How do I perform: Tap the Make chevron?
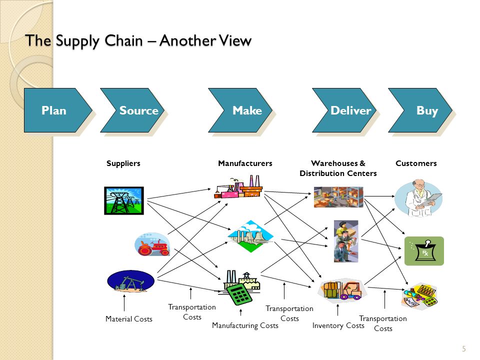(240, 110)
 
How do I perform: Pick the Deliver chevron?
(344, 110)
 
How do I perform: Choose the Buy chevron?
(420, 110)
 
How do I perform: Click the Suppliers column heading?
(123, 163)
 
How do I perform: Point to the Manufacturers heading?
(245, 163)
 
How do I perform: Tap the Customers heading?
(416, 163)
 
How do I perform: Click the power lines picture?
(124, 200)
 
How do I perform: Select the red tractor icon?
(152, 244)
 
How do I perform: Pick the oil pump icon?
(130, 280)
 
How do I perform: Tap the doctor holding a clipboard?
(418, 198)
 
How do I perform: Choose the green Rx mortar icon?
(424, 251)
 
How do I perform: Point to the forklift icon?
(342, 290)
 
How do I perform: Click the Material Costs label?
(129, 319)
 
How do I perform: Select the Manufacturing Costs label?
(245, 325)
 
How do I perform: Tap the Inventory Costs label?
(338, 325)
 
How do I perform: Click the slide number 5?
(464, 348)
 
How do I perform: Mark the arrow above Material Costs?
(124, 303)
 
